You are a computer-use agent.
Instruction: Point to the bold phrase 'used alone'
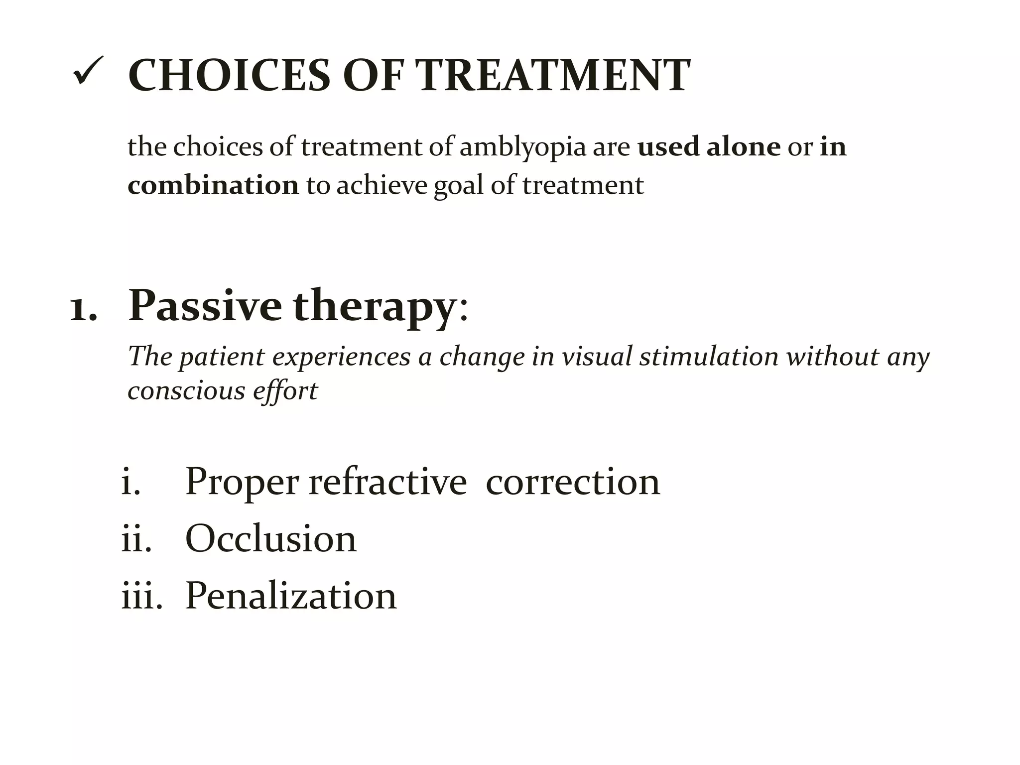(x=709, y=147)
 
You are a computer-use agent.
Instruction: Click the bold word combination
(x=213, y=185)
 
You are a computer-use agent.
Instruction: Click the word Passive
(x=205, y=306)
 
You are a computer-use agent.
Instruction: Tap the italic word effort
(x=285, y=390)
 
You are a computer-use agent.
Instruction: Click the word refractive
(x=387, y=482)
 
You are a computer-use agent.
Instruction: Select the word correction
(x=573, y=482)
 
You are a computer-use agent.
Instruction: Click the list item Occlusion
(x=271, y=539)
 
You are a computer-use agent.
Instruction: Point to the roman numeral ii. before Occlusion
(x=136, y=539)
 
